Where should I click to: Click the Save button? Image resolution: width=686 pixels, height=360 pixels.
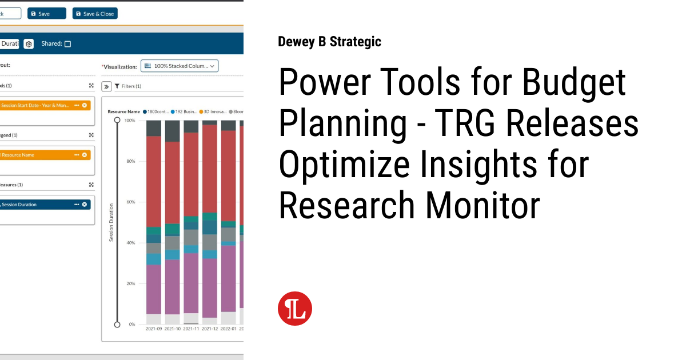click(46, 14)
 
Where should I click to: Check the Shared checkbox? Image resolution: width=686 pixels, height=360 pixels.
click(67, 44)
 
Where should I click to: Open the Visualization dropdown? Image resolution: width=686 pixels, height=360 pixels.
click(180, 66)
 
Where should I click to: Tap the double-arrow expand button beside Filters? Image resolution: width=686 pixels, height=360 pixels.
click(106, 86)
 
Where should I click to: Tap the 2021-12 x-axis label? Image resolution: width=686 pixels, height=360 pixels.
click(210, 329)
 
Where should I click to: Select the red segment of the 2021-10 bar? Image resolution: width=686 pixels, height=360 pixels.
click(172, 183)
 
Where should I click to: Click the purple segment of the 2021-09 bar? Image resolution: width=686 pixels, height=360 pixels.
click(154, 289)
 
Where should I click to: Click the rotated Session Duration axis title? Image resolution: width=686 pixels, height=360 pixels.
click(111, 222)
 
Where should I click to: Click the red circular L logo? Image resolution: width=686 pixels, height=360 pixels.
click(295, 309)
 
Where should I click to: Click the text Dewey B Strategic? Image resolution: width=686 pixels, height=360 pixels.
click(329, 42)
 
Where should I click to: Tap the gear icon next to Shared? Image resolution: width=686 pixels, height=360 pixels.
click(29, 44)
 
